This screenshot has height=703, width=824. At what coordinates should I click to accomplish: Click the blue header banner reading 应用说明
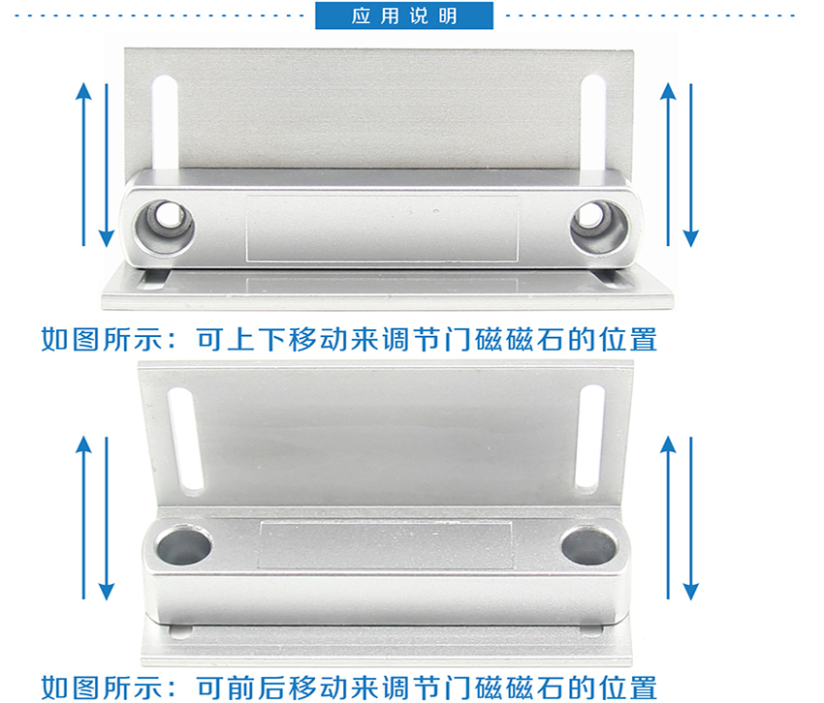404,15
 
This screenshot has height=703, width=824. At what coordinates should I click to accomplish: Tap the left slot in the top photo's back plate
165,122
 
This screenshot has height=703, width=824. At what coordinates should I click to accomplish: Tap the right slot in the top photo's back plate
594,123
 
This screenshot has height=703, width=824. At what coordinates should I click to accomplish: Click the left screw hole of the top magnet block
164,227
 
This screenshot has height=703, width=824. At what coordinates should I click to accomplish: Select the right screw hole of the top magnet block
600,227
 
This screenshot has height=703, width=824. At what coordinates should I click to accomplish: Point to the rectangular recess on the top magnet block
383,229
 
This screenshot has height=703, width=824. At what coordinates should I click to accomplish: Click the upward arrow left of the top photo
83,164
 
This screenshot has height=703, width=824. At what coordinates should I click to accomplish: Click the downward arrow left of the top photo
107,165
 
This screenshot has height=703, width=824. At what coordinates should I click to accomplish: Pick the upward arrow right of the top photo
668,164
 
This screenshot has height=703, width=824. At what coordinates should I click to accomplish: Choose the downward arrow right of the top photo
691,165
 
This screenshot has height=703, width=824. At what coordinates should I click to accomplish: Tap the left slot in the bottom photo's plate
185,441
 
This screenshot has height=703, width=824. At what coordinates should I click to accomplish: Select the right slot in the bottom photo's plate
590,438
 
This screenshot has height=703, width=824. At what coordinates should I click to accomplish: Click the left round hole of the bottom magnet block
183,546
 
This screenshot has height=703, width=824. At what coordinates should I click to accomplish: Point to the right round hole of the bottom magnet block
589,545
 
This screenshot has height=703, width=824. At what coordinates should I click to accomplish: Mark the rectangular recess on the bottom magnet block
385,545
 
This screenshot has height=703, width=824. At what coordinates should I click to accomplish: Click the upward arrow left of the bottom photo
83,517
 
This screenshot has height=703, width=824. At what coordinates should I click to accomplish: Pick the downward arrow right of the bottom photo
691,518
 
